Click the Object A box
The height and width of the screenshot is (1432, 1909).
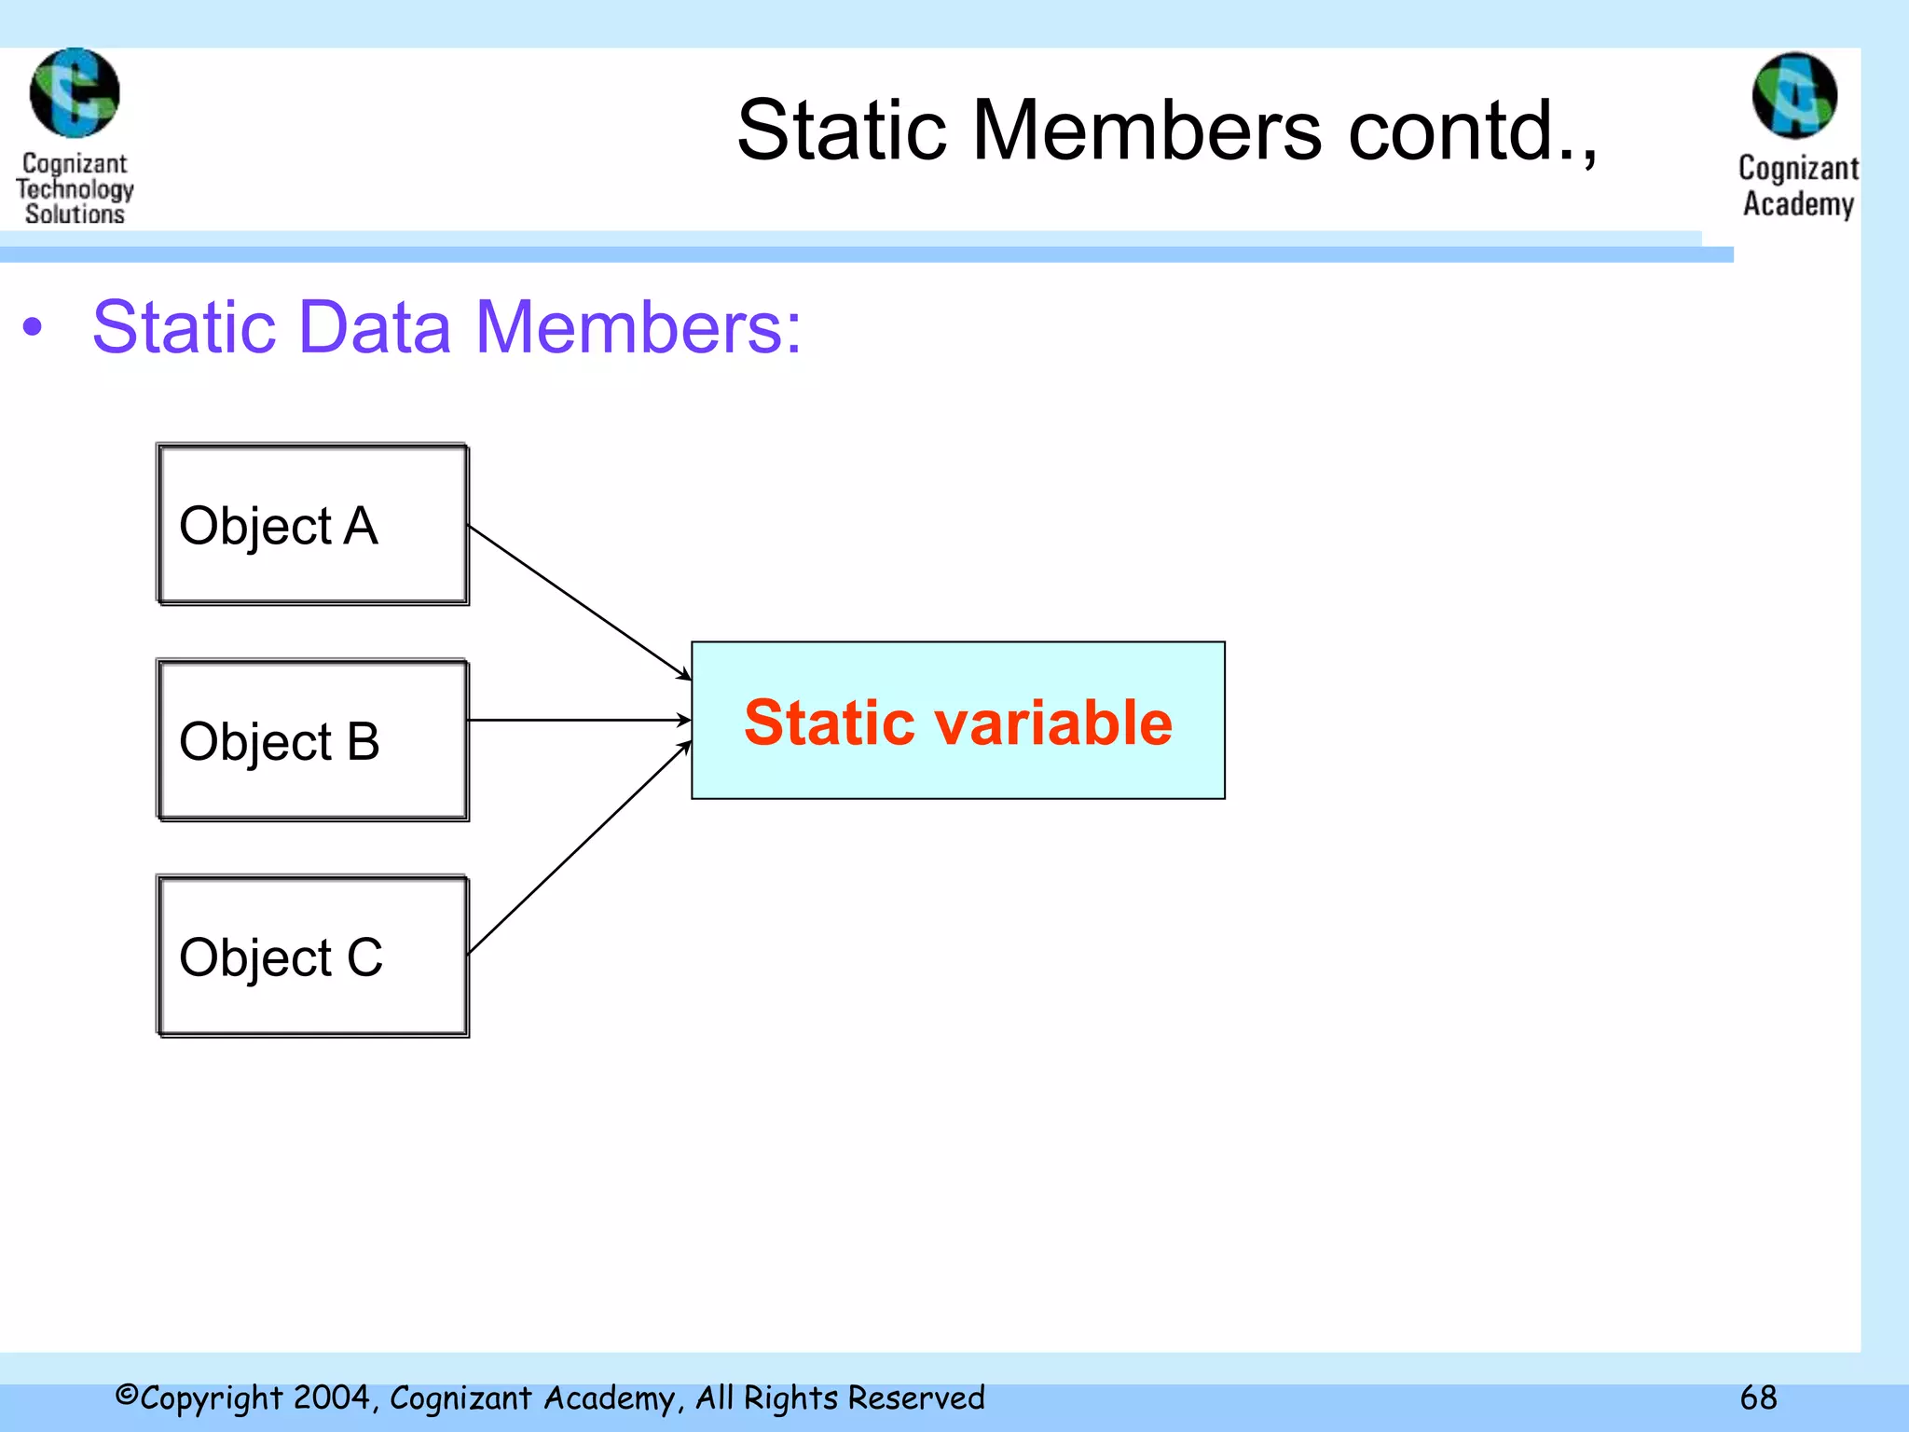pyautogui.click(x=312, y=525)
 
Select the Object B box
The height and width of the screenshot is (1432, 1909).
pyautogui.click(x=312, y=741)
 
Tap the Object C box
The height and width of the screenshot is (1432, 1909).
pyautogui.click(x=312, y=957)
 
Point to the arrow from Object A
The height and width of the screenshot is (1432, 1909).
pyautogui.click(x=578, y=601)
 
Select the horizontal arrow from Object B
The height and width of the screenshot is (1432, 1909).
pyautogui.click(x=578, y=720)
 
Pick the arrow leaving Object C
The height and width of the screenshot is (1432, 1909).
pyautogui.click(x=578, y=848)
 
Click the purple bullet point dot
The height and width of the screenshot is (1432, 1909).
pyautogui.click(x=34, y=327)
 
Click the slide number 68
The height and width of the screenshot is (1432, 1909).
pyautogui.click(x=1758, y=1398)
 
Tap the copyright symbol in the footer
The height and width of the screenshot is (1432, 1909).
pyautogui.click(x=127, y=1396)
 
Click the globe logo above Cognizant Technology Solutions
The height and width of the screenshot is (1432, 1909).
pyautogui.click(x=75, y=93)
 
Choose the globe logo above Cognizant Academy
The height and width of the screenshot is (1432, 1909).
pyautogui.click(x=1794, y=95)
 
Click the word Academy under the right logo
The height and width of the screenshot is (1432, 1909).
pyautogui.click(x=1798, y=204)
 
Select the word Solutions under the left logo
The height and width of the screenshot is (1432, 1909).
pyautogui.click(x=75, y=214)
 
